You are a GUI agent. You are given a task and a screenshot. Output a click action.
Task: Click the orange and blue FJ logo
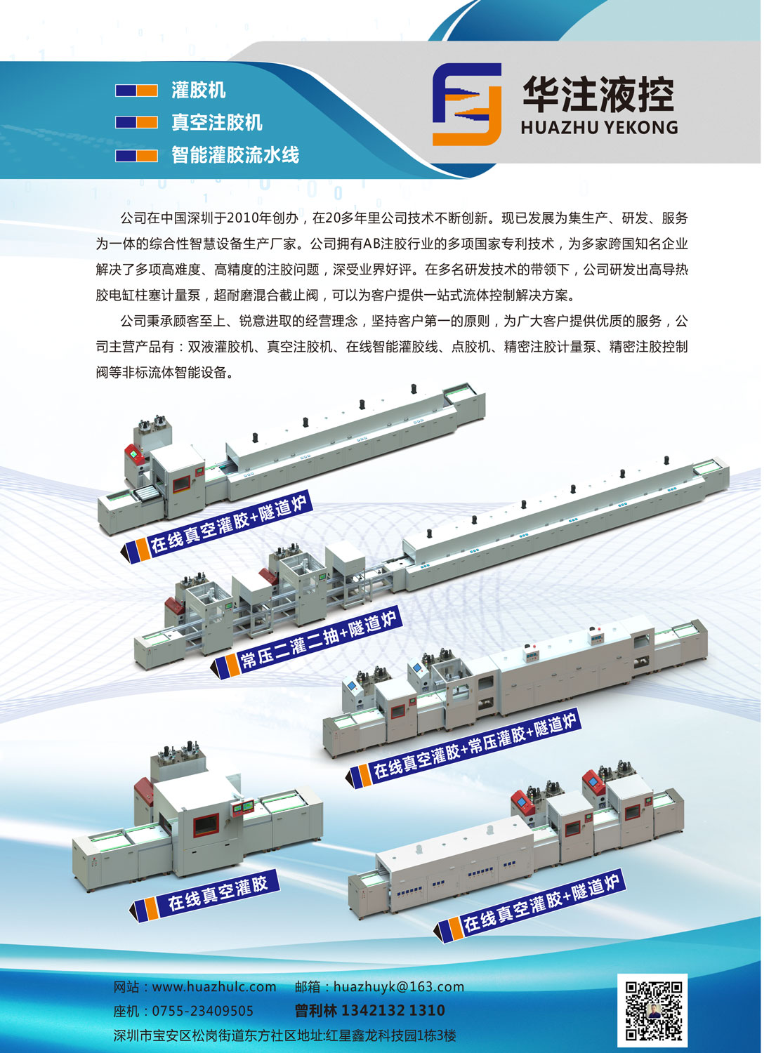tap(466, 105)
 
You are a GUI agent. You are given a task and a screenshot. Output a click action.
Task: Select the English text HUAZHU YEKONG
tap(600, 127)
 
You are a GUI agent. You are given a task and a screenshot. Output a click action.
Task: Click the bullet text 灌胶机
tap(199, 90)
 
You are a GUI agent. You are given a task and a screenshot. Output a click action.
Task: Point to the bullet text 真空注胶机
tap(217, 122)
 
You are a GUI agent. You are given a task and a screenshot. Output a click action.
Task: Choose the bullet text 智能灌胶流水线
tap(235, 154)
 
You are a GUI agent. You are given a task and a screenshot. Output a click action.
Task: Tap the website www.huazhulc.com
tap(214, 987)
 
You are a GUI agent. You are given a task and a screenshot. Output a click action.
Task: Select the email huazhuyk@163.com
tap(399, 987)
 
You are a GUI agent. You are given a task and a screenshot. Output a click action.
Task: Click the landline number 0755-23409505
tap(203, 1011)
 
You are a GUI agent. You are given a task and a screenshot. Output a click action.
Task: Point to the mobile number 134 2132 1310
tap(393, 1010)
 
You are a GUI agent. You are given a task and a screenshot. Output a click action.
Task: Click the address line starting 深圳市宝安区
tap(284, 1035)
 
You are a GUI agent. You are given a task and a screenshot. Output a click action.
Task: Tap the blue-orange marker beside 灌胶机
tap(136, 91)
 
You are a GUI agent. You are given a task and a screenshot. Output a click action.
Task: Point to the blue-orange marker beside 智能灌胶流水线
tap(136, 156)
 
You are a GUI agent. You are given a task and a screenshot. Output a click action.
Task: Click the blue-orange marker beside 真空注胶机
tap(136, 122)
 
